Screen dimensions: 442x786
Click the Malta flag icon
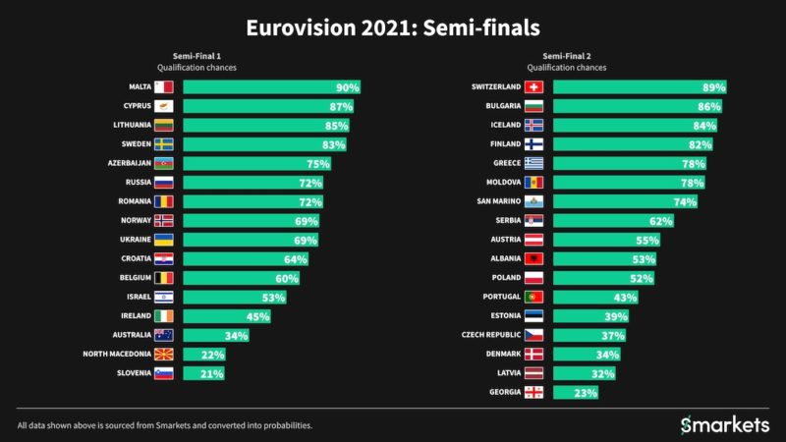tap(164, 87)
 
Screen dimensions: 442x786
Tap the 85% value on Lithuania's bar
tap(337, 126)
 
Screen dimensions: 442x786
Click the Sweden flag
tap(164, 144)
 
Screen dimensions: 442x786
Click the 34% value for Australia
tap(235, 335)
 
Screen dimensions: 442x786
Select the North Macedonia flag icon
tap(164, 354)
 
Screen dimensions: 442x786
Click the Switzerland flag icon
tap(534, 87)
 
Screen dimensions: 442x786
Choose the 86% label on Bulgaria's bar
tap(709, 106)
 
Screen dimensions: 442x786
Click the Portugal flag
tap(534, 297)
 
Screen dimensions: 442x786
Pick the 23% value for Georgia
tap(586, 392)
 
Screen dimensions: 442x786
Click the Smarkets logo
tap(725, 424)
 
